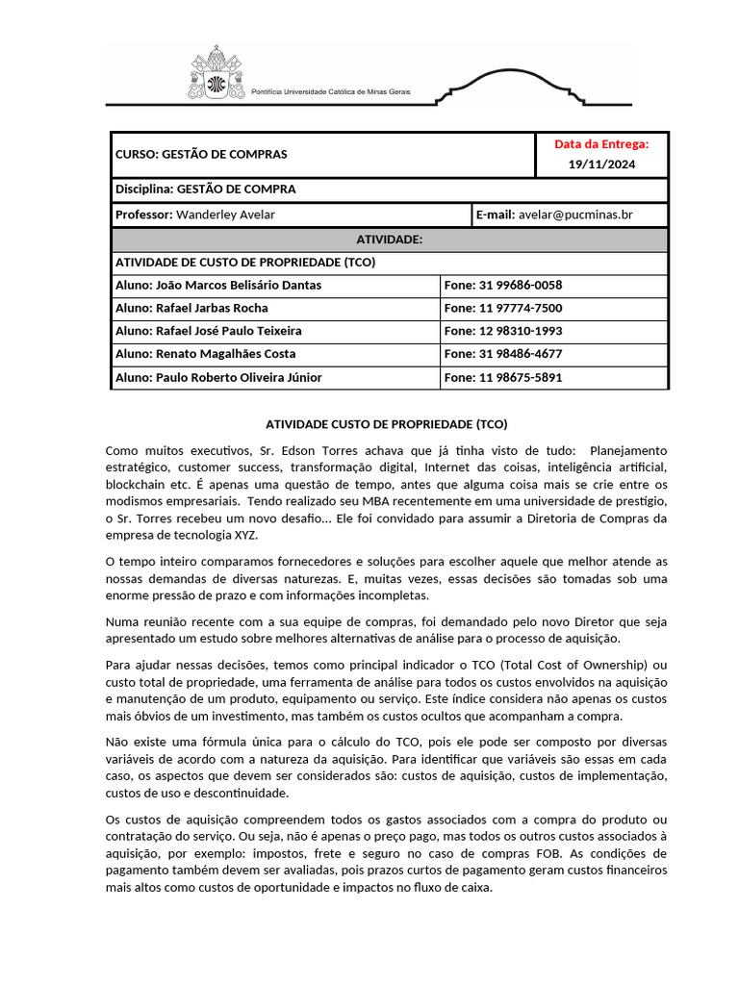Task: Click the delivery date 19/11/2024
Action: [601, 164]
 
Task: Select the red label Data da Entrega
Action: [601, 144]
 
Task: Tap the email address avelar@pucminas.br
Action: [575, 215]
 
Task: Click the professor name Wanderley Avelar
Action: [225, 215]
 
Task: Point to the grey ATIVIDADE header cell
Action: [389, 239]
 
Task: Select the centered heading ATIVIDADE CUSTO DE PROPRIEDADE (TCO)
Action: [386, 423]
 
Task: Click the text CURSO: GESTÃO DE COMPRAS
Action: [201, 154]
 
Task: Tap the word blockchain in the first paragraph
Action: [135, 485]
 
